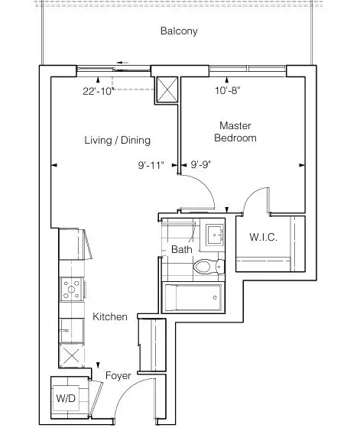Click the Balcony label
(179, 31)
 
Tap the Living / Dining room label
(117, 140)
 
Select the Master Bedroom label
(235, 131)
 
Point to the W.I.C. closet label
(263, 237)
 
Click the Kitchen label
(110, 316)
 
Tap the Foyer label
(118, 376)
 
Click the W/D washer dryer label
(66, 398)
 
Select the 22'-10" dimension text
(99, 91)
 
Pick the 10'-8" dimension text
(228, 91)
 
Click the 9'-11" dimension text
(151, 165)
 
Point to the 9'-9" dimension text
(201, 164)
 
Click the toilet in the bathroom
(209, 267)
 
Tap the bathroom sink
(215, 235)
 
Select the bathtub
(193, 297)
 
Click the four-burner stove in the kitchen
(71, 289)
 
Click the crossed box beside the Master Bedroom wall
(167, 89)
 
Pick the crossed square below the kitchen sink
(71, 355)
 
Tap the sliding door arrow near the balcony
(122, 63)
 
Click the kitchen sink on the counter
(71, 330)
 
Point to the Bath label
(182, 249)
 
